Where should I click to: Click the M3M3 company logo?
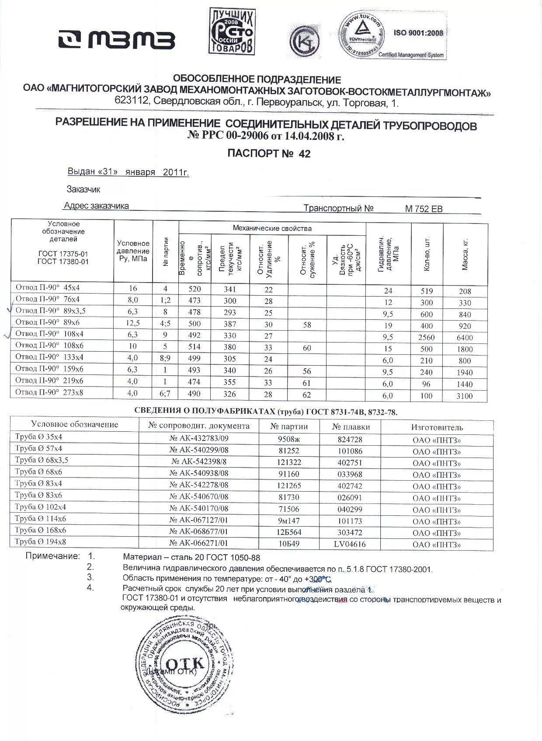(117, 39)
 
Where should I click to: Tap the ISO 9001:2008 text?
(418, 33)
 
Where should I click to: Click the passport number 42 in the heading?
(304, 154)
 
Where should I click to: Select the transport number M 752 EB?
(424, 209)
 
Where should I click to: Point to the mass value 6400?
(465, 338)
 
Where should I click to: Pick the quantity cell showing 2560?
(426, 338)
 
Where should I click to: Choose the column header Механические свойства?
(272, 228)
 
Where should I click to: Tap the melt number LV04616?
(350, 545)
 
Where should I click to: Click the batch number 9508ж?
(289, 440)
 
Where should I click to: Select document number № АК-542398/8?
(199, 463)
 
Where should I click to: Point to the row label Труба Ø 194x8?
(40, 542)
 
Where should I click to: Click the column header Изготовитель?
(437, 427)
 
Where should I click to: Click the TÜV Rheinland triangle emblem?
(361, 30)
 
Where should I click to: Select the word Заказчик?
(83, 189)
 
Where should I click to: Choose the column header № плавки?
(351, 427)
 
